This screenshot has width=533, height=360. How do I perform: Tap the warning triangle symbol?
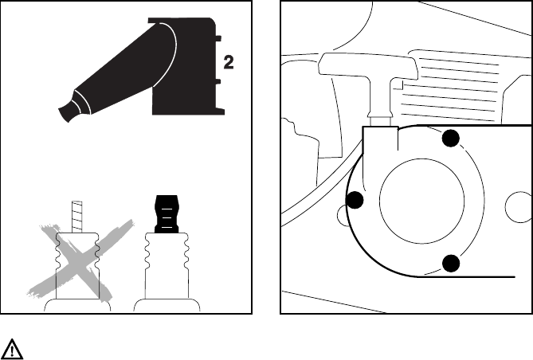(14, 348)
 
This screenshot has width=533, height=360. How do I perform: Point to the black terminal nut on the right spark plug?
(167, 213)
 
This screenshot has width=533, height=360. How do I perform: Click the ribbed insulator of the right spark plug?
(167, 263)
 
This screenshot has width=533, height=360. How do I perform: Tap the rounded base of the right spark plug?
(167, 305)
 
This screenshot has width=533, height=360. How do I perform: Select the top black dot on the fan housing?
(452, 139)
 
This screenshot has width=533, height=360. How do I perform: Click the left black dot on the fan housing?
(355, 200)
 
